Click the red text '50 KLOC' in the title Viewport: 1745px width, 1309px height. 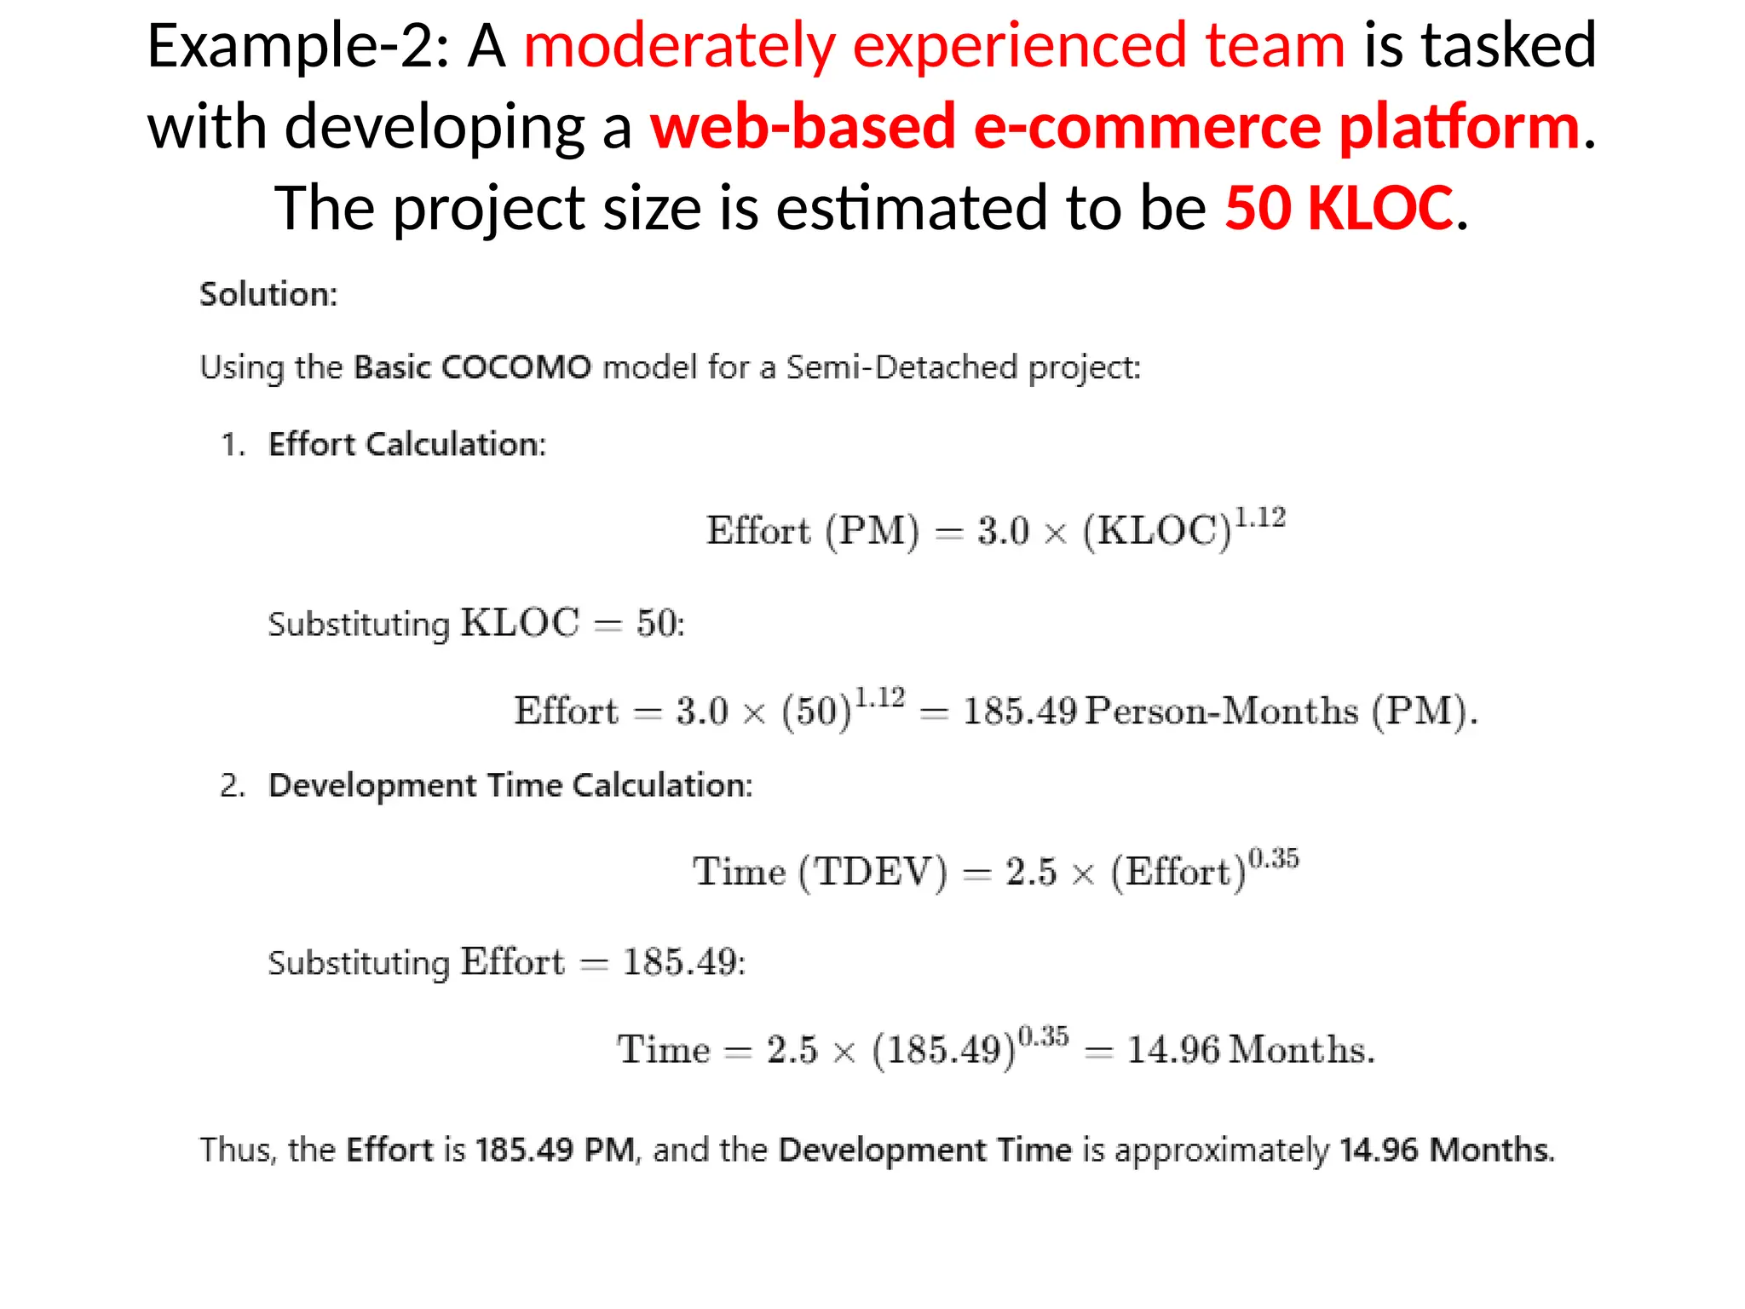(1338, 208)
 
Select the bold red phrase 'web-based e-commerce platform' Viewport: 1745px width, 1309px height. (1115, 126)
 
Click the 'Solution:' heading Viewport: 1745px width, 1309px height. (268, 294)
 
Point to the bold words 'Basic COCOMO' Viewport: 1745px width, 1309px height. (472, 367)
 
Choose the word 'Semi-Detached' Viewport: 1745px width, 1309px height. (901, 367)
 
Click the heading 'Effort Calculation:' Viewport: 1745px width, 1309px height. (407, 444)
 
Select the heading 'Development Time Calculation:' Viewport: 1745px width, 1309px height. (510, 785)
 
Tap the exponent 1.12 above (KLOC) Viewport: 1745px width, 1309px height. (1260, 517)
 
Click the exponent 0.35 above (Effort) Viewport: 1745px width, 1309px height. (1273, 857)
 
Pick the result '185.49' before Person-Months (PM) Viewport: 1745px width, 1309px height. (1020, 711)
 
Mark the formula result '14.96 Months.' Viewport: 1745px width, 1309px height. (1251, 1049)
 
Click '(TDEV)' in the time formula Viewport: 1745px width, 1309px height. (872, 872)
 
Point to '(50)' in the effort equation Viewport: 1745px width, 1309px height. (816, 711)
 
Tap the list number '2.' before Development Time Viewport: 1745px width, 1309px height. (232, 785)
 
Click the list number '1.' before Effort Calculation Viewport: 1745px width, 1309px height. (233, 444)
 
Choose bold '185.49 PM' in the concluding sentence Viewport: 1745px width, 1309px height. (555, 1150)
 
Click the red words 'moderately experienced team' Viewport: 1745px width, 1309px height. (934, 46)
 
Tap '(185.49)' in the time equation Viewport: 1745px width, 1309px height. (943, 1050)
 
